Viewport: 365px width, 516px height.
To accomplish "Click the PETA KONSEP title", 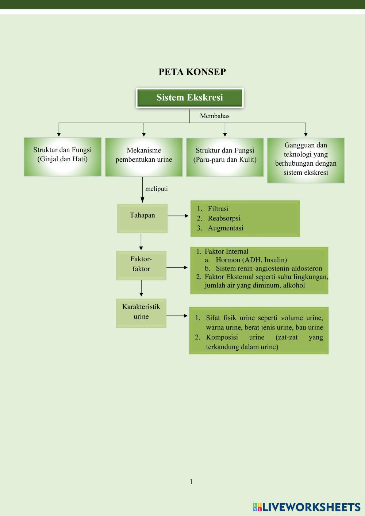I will click(x=192, y=72).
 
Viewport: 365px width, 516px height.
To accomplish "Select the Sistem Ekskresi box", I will click(x=189, y=98).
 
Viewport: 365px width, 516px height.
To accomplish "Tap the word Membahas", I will click(x=215, y=116).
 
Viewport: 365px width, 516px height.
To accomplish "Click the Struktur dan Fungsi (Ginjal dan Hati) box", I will click(x=62, y=157).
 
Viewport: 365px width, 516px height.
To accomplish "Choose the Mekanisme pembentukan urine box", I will click(x=144, y=157).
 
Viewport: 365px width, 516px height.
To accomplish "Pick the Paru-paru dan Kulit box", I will click(x=225, y=157).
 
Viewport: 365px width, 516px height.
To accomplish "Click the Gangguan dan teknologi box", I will click(x=306, y=160).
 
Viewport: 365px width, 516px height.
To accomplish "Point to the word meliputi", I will click(x=157, y=189).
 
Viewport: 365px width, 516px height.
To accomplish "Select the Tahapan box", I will click(x=142, y=218).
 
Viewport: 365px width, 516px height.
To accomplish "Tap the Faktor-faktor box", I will click(x=141, y=265).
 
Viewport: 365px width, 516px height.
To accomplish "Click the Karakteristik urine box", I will click(x=141, y=313).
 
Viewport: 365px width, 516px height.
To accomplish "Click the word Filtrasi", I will click(x=218, y=209).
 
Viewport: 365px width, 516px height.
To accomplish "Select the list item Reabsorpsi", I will click(x=224, y=218).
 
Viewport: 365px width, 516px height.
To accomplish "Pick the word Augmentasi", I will click(x=226, y=228).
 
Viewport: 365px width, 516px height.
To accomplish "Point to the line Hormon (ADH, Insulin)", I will click(x=251, y=260).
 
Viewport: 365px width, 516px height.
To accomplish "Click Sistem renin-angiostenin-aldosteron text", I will click(x=269, y=268).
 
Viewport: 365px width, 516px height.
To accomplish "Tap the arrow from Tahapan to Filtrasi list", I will click(x=178, y=216).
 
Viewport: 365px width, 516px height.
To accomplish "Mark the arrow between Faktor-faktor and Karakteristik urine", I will click(x=141, y=289).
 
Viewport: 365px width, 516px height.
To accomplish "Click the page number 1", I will click(x=191, y=482).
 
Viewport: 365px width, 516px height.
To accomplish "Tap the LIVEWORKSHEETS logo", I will click(x=306, y=507).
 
